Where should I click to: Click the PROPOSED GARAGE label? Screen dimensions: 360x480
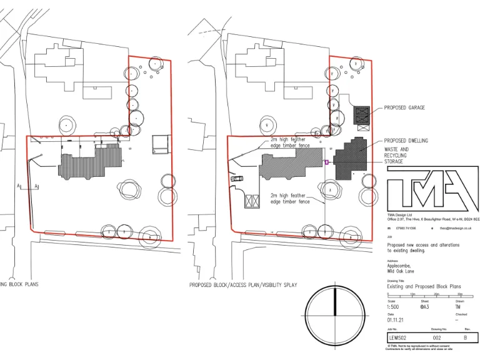(x=404, y=107)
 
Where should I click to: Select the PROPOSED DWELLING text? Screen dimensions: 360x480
(x=406, y=141)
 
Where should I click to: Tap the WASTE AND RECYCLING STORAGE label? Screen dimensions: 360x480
(x=396, y=156)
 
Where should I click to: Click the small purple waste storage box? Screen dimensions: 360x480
(x=326, y=162)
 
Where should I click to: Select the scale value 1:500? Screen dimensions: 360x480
(x=393, y=307)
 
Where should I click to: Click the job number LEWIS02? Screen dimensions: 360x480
(x=398, y=337)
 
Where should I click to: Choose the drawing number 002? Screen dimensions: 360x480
(x=437, y=337)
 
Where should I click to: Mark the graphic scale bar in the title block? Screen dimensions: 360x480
(x=425, y=294)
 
